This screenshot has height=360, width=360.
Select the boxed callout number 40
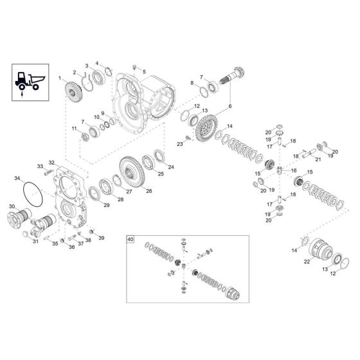coord(130,239)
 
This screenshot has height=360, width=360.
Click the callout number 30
coord(11,206)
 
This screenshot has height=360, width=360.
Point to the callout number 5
coord(144,71)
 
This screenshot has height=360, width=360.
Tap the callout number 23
coord(180,145)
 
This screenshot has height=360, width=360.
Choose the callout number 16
coord(294,170)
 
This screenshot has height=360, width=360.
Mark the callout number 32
coord(51,163)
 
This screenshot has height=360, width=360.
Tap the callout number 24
coord(170,166)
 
